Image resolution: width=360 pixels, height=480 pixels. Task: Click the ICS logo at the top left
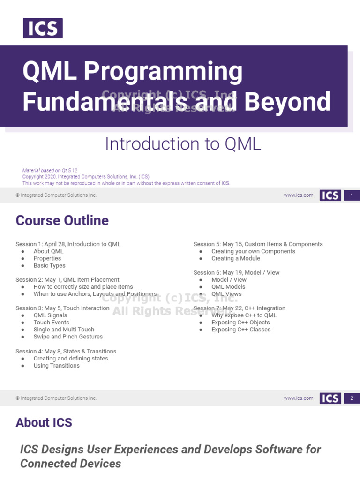(43, 28)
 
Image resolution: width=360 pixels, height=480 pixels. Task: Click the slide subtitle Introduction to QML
(183, 144)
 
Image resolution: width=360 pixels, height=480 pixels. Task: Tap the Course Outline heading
(62, 220)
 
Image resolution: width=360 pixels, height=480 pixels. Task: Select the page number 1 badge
(352, 195)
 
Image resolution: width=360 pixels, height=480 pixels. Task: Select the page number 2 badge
(352, 398)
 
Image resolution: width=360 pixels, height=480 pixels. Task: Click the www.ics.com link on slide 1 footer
(299, 195)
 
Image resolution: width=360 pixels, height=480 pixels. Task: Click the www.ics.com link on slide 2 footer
(299, 398)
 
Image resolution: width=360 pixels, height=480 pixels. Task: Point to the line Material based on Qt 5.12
(50, 171)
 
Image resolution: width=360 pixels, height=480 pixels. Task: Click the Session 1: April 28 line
(68, 244)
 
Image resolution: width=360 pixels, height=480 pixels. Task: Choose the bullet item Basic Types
(49, 266)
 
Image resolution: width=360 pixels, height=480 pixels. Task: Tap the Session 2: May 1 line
(67, 280)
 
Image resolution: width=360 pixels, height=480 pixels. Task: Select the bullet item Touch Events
(51, 322)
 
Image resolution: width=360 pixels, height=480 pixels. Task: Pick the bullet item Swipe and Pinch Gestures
(68, 337)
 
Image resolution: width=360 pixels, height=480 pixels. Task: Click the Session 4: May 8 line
(66, 351)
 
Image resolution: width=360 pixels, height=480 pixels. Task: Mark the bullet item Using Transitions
(56, 366)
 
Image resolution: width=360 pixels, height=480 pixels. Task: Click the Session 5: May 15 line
(258, 244)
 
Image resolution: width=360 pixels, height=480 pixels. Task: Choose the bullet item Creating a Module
(235, 258)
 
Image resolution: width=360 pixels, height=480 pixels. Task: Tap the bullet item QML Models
(228, 287)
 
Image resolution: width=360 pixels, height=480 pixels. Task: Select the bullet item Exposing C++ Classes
(241, 330)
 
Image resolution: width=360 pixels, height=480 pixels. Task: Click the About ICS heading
(44, 422)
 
